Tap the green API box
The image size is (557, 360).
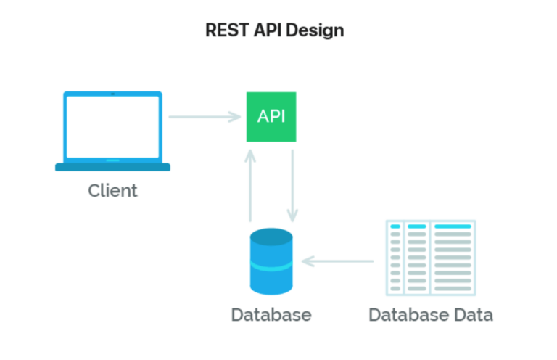pyautogui.click(x=271, y=116)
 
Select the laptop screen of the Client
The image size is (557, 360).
pyautogui.click(x=112, y=128)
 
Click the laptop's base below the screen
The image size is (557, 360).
pyautogui.click(x=112, y=167)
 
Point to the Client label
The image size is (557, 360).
pyautogui.click(x=112, y=192)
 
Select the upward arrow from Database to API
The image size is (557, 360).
pyautogui.click(x=250, y=185)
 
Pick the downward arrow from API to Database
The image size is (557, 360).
pyautogui.click(x=292, y=185)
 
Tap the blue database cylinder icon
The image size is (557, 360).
pyautogui.click(x=271, y=261)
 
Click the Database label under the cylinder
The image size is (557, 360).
pyautogui.click(x=271, y=315)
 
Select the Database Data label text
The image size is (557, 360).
pyautogui.click(x=431, y=315)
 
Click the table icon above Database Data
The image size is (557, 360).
pyautogui.click(x=431, y=258)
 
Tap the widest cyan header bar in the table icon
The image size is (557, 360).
pyautogui.click(x=453, y=227)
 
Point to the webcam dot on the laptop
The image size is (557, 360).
pyautogui.click(x=112, y=94)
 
